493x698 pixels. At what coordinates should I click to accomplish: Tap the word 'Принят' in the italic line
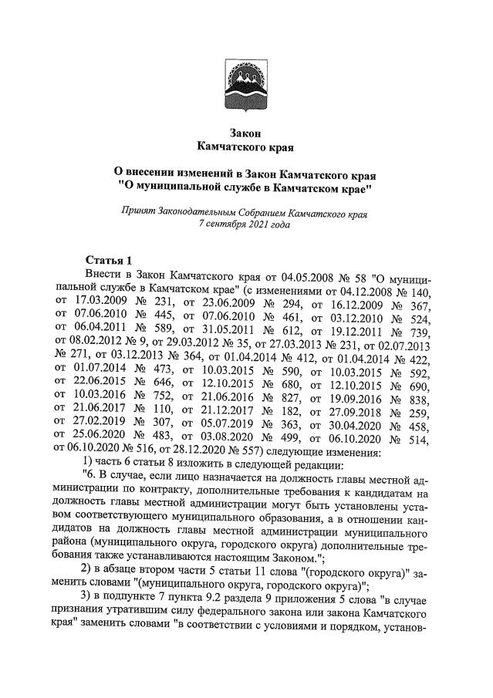click(139, 211)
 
